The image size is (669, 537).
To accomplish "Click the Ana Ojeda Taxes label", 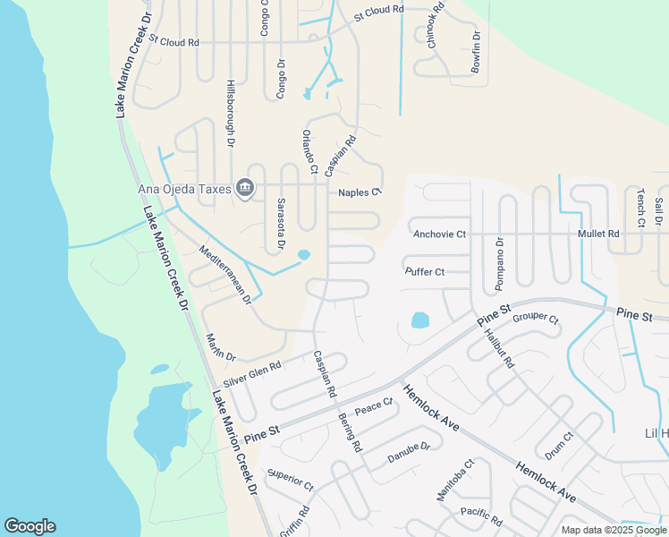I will tap(183, 188).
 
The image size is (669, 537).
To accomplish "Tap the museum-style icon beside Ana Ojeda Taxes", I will tap(245, 188).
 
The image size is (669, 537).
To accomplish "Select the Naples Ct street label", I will tap(360, 192).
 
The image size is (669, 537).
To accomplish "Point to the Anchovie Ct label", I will tap(440, 234).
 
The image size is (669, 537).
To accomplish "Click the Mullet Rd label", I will tap(598, 234).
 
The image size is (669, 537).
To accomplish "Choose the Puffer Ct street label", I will tap(425, 272).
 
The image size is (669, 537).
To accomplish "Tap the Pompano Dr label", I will tap(500, 265).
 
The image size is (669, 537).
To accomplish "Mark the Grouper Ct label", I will tap(536, 319).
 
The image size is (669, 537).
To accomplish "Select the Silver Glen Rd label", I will tap(252, 373).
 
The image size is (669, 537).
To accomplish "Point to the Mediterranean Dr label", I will tap(225, 275).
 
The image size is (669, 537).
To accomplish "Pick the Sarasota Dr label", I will tap(280, 224).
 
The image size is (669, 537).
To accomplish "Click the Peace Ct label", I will tap(374, 407).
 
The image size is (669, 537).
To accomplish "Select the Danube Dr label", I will tap(409, 452).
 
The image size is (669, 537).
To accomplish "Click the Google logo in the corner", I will tap(30, 526).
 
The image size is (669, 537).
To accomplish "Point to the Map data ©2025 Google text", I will tap(614, 530).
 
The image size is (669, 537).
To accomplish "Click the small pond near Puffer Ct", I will tap(419, 320).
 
